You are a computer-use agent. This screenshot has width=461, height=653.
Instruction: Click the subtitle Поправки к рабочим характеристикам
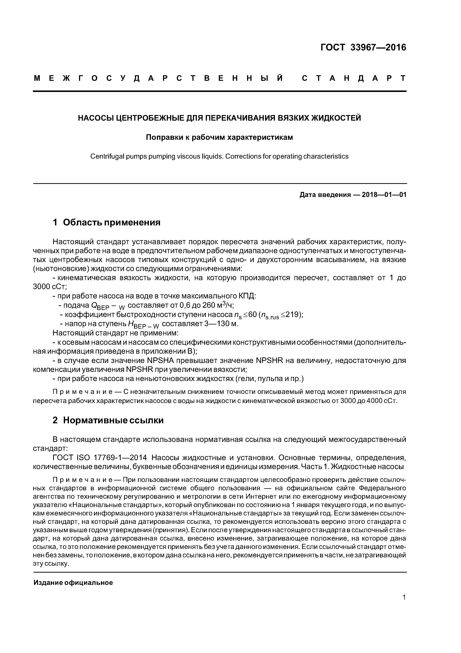point(219,137)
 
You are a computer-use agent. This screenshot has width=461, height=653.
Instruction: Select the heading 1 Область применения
point(107,222)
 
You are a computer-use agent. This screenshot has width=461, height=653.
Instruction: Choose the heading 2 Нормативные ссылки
point(108,420)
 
